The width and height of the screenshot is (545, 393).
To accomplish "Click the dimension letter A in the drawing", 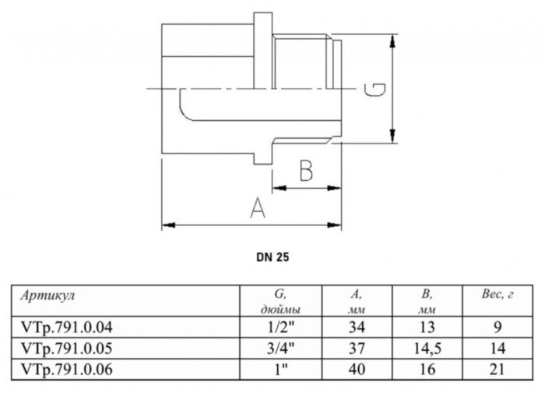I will click(255, 208).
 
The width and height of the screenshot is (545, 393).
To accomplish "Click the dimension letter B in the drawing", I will click(307, 170).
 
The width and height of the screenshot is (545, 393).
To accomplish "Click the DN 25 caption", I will click(273, 256).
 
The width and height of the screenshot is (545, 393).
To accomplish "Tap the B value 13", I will click(426, 327).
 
